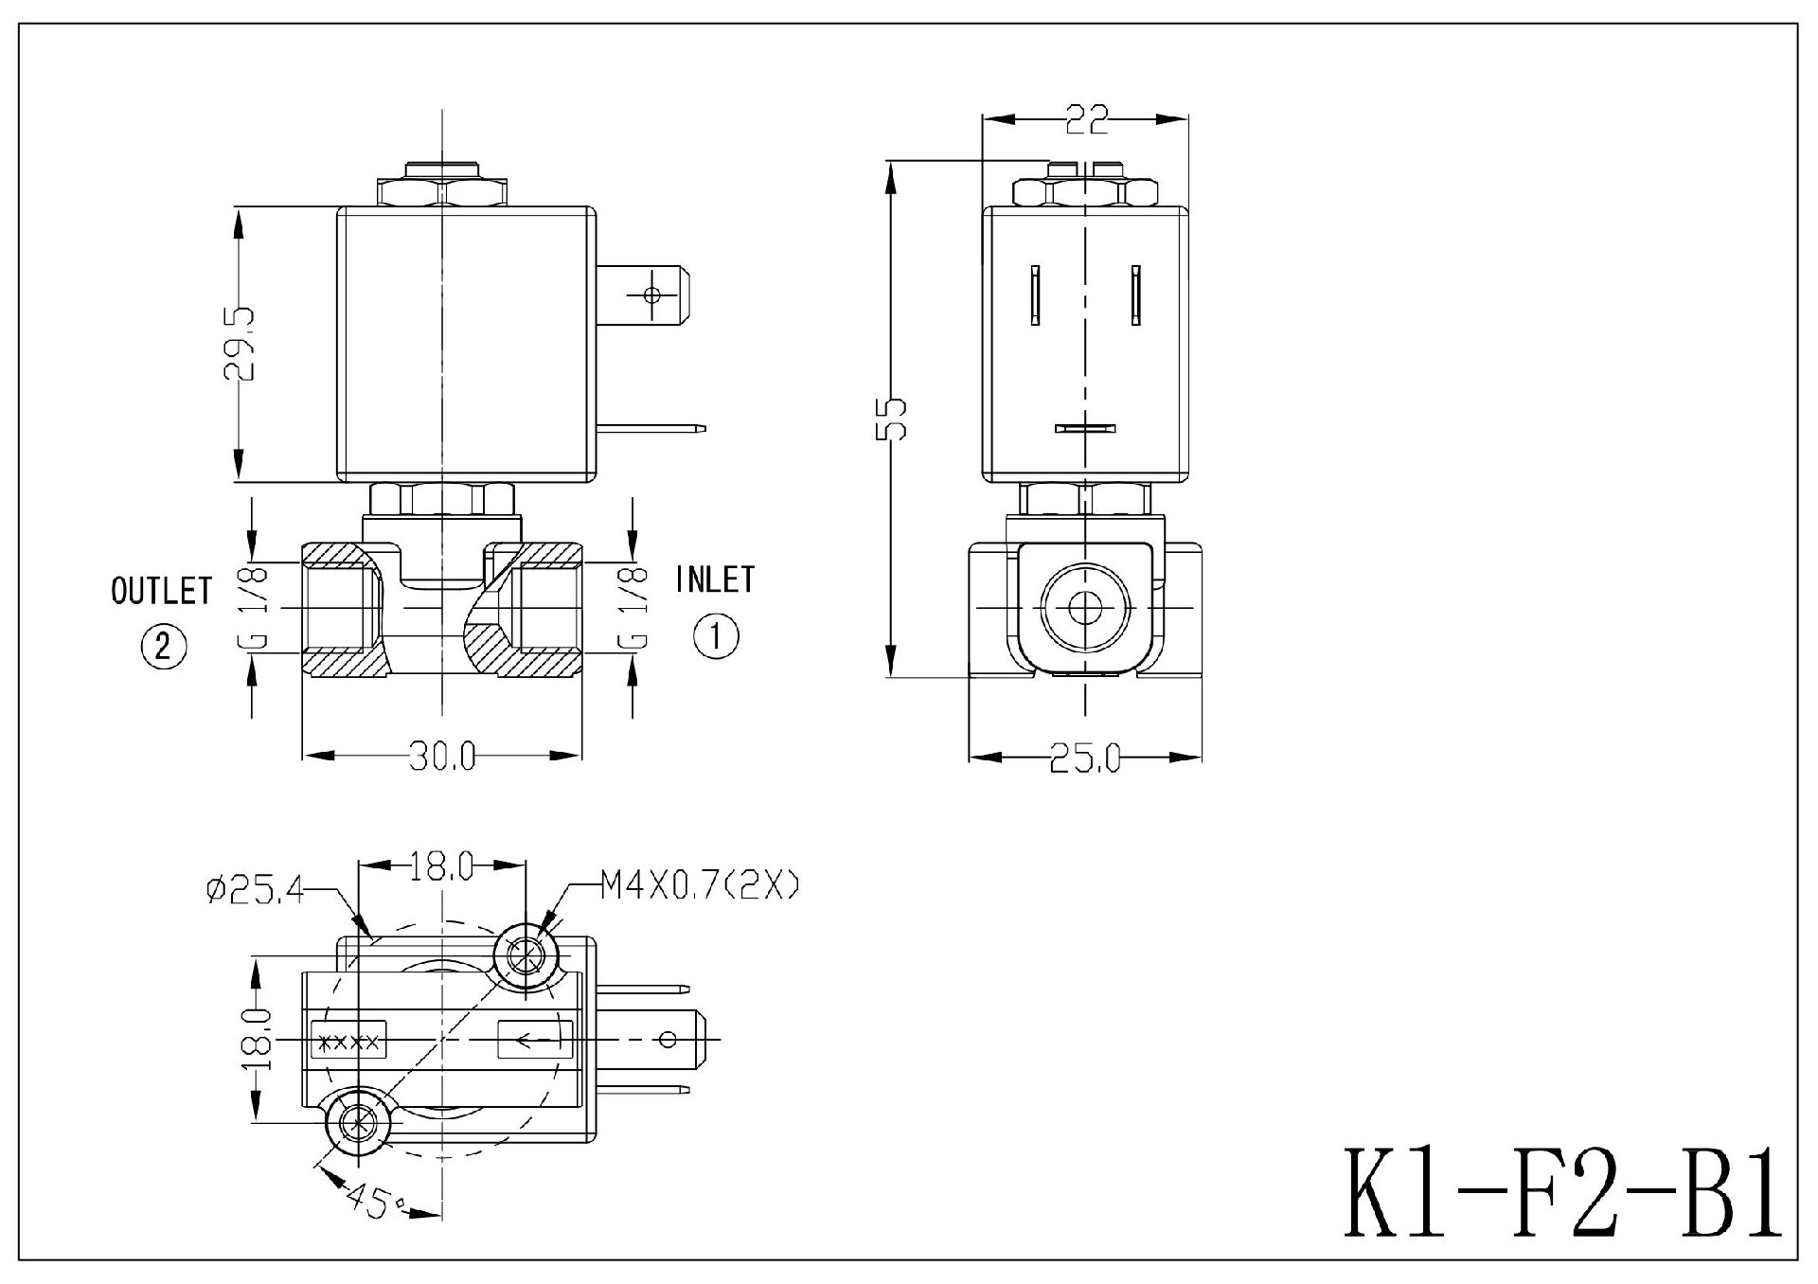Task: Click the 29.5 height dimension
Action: click(x=240, y=343)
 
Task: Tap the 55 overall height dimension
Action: click(x=892, y=418)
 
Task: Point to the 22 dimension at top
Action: click(x=1086, y=119)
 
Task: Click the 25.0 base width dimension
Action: click(x=1084, y=758)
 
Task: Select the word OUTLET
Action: click(x=162, y=591)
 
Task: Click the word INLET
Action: click(x=716, y=580)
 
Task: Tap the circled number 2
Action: click(x=164, y=647)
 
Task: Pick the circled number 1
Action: click(x=716, y=635)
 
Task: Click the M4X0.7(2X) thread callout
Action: click(x=700, y=886)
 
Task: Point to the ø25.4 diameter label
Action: click(x=255, y=889)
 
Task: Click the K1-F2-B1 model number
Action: click(x=1562, y=1193)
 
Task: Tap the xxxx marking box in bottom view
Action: click(x=349, y=1043)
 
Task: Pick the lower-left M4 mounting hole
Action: click(x=357, y=1124)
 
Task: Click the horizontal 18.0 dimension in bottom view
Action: click(x=441, y=865)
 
